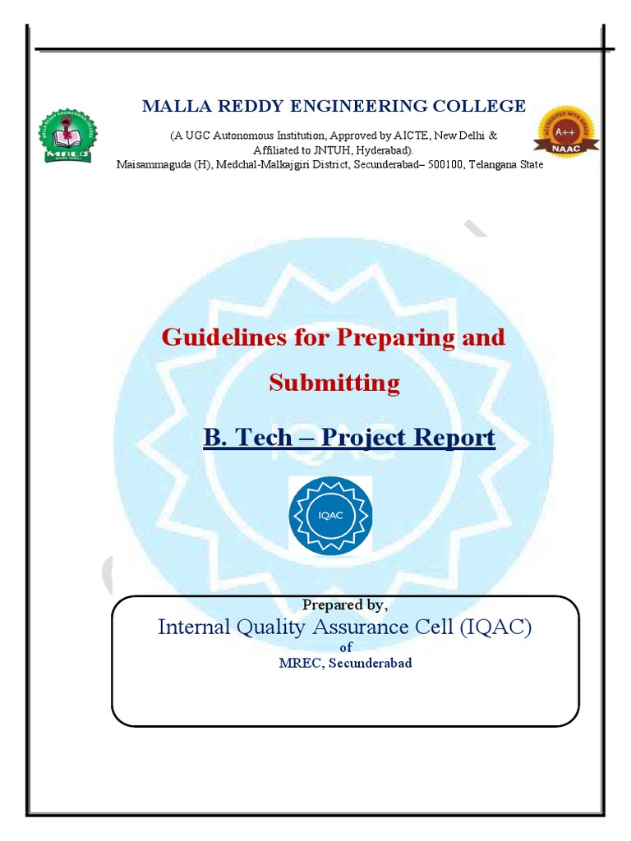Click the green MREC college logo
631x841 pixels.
point(67,136)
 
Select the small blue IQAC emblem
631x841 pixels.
point(329,515)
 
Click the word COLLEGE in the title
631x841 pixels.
point(486,106)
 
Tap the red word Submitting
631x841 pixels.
point(334,383)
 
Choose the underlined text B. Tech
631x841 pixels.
point(246,437)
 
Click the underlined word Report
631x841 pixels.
point(454,437)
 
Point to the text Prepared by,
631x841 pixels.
point(344,604)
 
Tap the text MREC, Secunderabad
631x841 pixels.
point(345,663)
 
